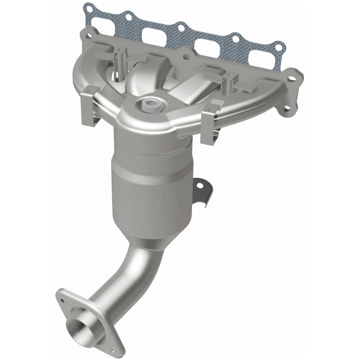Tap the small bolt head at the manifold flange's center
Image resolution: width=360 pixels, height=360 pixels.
tap(185, 57)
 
